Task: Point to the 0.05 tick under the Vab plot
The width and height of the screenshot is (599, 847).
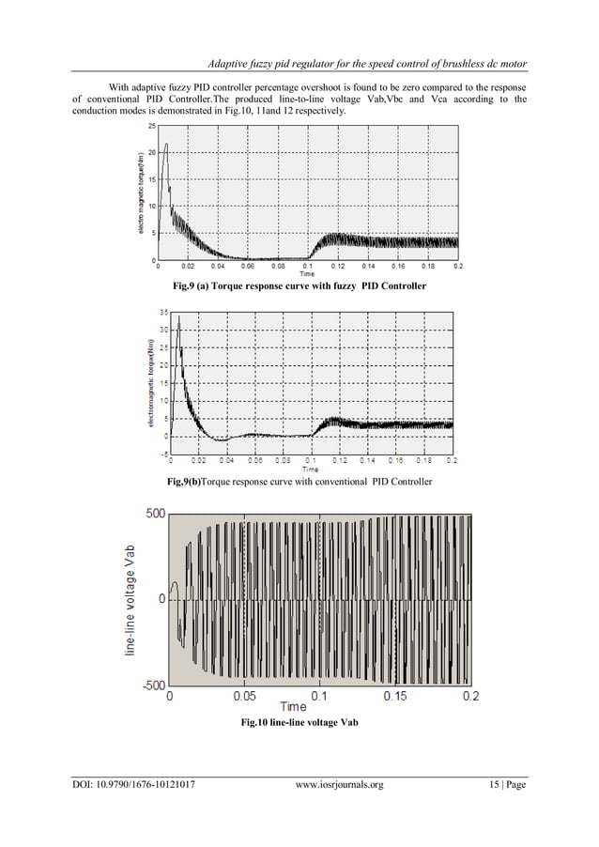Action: pos(244,698)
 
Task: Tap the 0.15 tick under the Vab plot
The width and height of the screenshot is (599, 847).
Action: pos(395,698)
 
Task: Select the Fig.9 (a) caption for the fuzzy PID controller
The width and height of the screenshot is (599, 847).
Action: pos(299,285)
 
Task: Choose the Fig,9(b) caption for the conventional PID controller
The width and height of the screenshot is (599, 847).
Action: pos(299,482)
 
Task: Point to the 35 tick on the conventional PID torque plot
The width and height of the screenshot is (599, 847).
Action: pos(163,311)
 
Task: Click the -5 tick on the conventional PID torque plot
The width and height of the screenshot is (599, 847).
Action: pos(163,454)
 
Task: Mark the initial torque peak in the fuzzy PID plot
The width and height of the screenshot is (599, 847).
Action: pos(166,144)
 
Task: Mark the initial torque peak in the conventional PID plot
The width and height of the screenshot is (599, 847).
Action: pos(178,319)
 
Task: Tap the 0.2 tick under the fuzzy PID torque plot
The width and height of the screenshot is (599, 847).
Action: pos(457,267)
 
